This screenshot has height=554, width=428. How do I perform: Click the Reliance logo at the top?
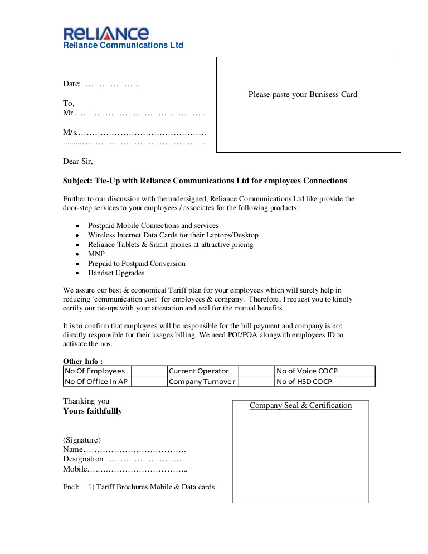coord(106,33)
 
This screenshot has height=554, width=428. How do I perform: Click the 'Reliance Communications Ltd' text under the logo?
coord(123,45)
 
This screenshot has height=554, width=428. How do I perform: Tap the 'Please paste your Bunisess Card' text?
coord(303,94)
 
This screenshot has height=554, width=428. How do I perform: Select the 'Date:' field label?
coord(72,84)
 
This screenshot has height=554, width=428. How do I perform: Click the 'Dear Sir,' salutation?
coord(78,162)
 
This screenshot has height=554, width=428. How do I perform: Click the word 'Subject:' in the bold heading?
coord(77,181)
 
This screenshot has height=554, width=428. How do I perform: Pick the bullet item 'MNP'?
coord(96,254)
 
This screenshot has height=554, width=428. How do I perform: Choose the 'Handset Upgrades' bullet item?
coord(116,273)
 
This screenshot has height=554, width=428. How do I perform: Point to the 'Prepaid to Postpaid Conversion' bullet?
coord(137,263)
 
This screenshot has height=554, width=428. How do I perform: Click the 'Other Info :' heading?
coord(83,361)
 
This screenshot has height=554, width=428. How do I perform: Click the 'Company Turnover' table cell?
coord(202,381)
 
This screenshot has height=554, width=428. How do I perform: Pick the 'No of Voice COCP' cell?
coord(307,371)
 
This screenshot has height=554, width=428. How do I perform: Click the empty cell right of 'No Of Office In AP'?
coord(149,381)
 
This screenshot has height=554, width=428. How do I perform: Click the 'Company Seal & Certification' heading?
coord(300,405)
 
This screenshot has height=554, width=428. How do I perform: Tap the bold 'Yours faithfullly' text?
coord(93,411)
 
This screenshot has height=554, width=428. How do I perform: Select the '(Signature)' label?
coord(82,440)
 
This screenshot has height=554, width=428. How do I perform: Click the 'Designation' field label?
coord(83,459)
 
